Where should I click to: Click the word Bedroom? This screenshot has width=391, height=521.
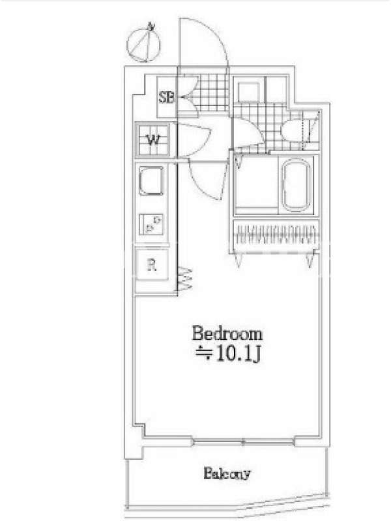tap(227, 334)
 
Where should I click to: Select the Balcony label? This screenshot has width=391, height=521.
tap(227, 473)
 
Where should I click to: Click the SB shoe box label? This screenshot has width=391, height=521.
tap(166, 98)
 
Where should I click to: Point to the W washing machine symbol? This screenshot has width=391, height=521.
tap(153, 139)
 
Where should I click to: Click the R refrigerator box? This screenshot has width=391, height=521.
tap(152, 265)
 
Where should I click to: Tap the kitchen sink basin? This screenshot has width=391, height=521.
tap(151, 180)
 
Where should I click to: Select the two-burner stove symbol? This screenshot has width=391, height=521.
tap(151, 223)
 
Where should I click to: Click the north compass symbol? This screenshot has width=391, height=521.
tap(144, 43)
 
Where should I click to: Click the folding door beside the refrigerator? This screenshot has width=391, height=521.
tap(185, 279)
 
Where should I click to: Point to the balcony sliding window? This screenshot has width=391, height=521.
tap(243, 442)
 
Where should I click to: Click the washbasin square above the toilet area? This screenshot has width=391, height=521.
tap(249, 91)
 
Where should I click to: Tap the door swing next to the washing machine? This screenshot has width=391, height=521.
tap(194, 139)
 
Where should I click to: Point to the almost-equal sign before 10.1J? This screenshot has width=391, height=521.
tap(204, 354)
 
